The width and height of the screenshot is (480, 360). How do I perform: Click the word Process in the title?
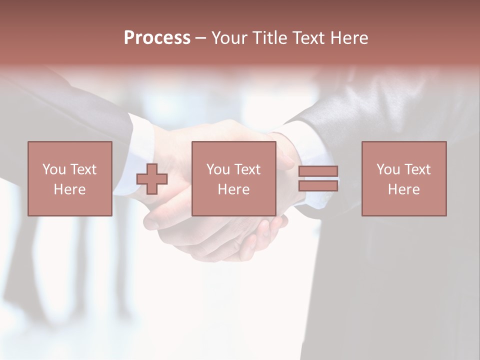157,38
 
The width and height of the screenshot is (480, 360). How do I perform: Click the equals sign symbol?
318,178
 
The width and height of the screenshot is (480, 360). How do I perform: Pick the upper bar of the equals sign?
318,171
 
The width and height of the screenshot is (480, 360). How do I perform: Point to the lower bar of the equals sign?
318,186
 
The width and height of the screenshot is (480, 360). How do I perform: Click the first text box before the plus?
70,178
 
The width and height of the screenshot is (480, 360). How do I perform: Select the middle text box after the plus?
233,178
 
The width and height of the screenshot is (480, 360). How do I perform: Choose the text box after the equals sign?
404,178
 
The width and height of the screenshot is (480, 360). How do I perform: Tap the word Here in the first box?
70,189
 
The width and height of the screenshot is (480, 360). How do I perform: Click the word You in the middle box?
218,169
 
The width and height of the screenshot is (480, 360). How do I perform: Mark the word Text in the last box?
418,169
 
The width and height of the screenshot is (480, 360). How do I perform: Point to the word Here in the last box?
404,189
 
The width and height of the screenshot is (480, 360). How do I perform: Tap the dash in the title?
200,38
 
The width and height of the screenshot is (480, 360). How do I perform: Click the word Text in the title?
309,38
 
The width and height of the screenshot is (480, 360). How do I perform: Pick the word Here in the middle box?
233,189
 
